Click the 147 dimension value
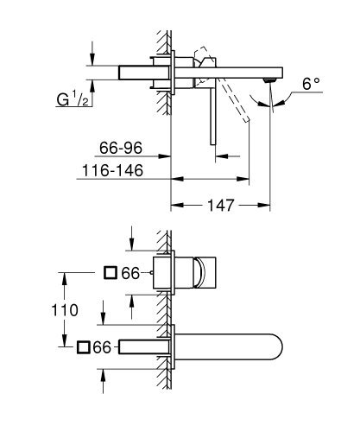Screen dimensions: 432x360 [222, 206]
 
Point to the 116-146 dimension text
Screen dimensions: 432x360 [115, 173]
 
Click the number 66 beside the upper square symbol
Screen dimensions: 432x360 [129, 273]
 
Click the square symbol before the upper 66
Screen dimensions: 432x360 [110, 273]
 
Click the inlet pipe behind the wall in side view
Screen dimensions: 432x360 [129, 72]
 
